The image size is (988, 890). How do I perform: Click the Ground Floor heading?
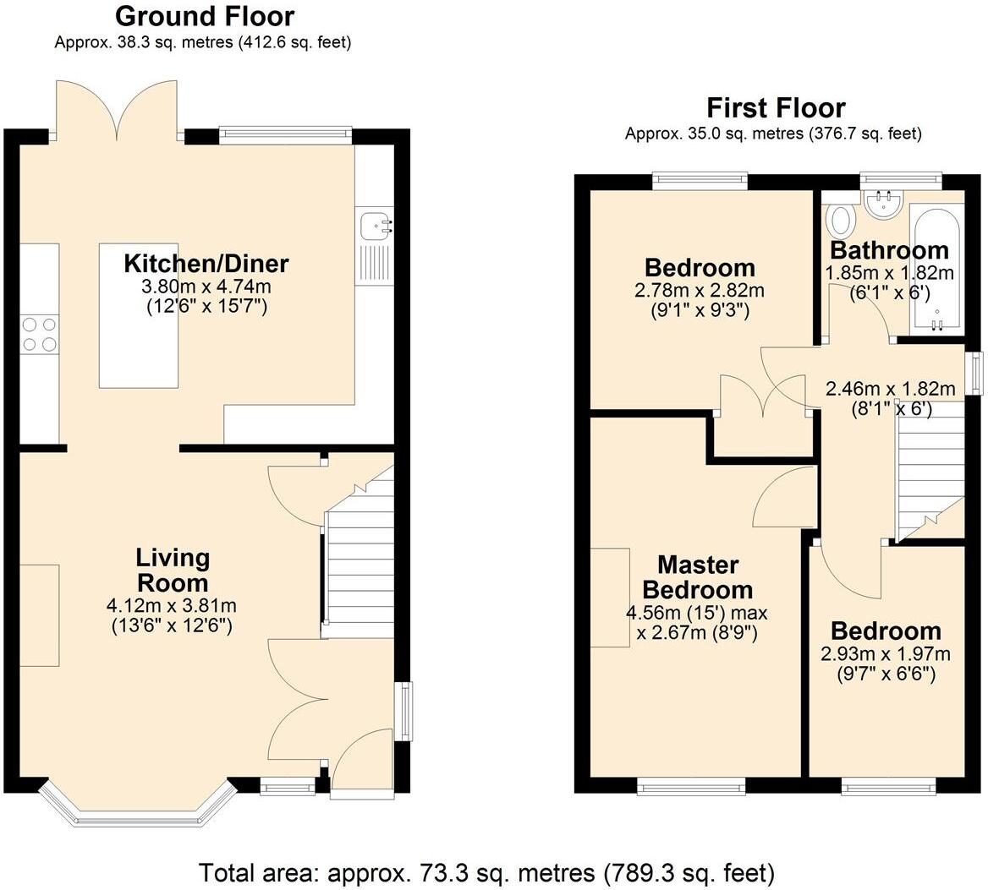(204, 16)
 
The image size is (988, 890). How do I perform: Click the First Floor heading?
(776, 107)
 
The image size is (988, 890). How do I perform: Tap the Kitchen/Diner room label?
(206, 263)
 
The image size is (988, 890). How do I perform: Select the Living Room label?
(173, 570)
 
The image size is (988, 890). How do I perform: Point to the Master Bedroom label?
(698, 576)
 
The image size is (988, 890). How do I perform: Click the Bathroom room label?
(889, 250)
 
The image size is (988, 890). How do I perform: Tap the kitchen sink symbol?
(374, 225)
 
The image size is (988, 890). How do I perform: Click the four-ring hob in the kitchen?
(39, 333)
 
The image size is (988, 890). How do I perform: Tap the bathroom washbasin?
(884, 203)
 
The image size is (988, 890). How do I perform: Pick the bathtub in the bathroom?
(936, 266)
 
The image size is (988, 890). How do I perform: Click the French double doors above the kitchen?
(118, 110)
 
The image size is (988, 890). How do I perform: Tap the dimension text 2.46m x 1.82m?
(890, 389)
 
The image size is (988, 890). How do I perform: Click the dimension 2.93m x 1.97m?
(886, 653)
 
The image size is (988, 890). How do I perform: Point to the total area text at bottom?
(486, 871)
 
